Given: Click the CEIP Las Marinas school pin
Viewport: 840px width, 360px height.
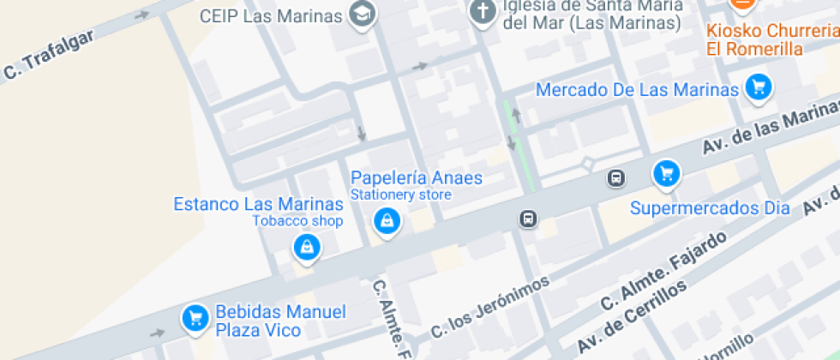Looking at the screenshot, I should coord(363,14).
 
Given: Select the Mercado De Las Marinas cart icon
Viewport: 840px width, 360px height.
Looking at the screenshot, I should coord(758,87).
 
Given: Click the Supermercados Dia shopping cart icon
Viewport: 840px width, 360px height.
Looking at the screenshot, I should coord(666,174).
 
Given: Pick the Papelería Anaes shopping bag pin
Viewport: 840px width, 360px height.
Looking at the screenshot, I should coord(387,222).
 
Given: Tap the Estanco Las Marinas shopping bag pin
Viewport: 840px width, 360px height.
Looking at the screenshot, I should coord(306,248).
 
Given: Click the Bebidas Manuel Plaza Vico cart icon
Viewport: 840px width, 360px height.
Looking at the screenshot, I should coord(195,318).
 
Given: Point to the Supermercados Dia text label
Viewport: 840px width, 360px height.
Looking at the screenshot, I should coord(710,208).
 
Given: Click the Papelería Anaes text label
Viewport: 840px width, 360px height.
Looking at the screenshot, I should coord(417,178).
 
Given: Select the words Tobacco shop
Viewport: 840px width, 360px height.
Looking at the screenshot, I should coord(297,221).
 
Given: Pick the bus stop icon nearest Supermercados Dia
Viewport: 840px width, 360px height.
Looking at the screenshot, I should coord(615,178).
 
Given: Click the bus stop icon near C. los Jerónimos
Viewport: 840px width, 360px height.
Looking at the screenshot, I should coord(529,219).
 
